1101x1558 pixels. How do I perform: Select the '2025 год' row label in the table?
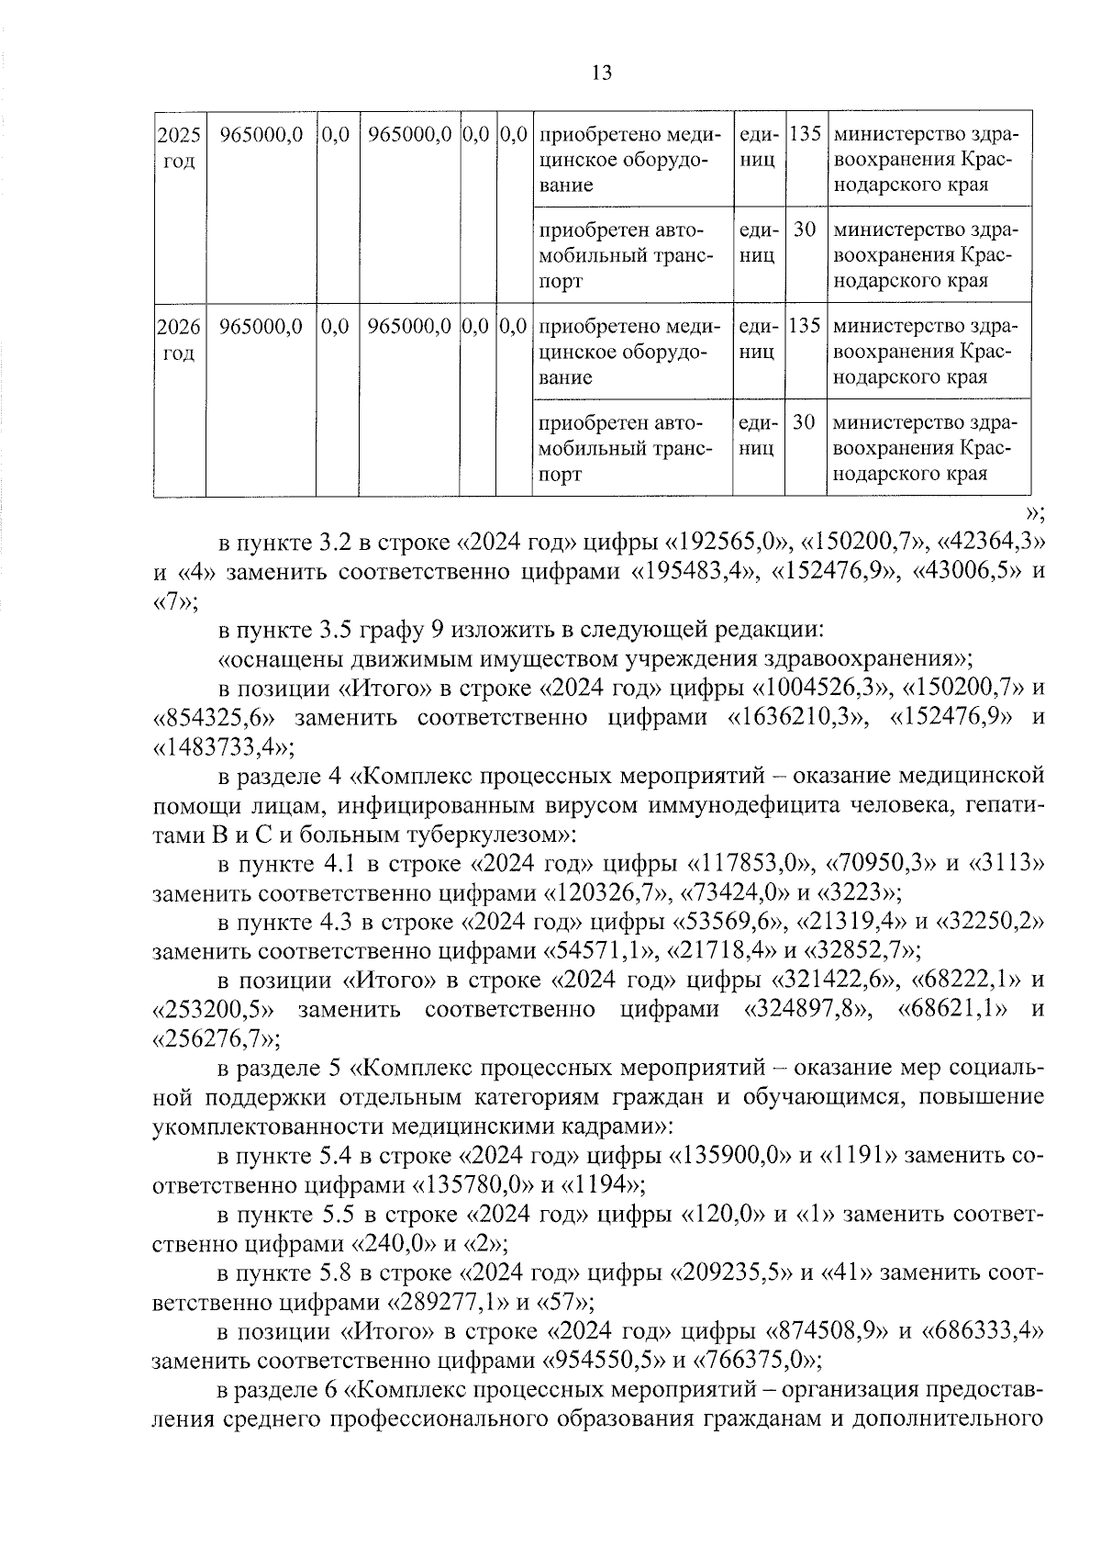[179, 148]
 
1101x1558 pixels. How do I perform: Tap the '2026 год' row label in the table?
[179, 340]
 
